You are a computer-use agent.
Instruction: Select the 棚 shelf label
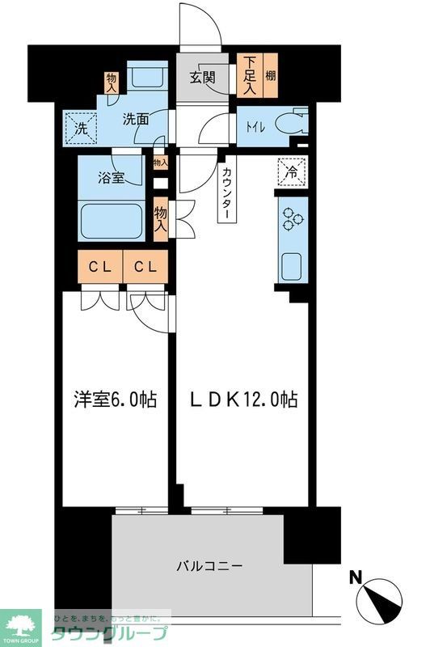269,75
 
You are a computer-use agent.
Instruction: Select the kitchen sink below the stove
291,264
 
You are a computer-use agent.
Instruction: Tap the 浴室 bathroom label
112,177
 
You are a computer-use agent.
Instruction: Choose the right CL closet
145,266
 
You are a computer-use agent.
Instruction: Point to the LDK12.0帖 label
242,399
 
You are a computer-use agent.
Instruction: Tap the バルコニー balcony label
209,565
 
